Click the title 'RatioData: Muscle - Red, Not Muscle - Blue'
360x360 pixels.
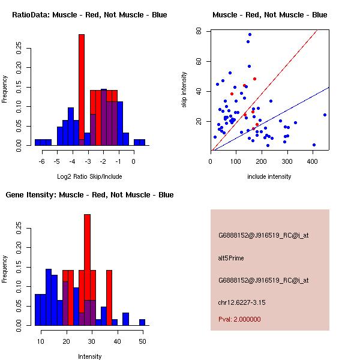pyautogui.click(x=89, y=14)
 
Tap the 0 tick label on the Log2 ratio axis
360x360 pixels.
pyautogui.click(x=134, y=161)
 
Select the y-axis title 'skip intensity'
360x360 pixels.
pyautogui.click(x=184, y=89)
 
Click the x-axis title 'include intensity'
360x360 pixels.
pyautogui.click(x=269, y=176)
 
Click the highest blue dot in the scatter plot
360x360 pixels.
pyautogui.click(x=250, y=35)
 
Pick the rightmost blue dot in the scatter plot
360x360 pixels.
pyautogui.click(x=325, y=115)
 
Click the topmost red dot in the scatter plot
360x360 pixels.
pyautogui.click(x=254, y=79)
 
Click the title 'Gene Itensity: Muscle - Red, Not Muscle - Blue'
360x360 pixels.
pyautogui.click(x=89, y=195)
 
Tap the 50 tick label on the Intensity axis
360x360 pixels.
pyautogui.click(x=142, y=341)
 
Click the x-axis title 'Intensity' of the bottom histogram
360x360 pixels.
pyautogui.click(x=90, y=356)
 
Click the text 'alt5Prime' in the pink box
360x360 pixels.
pyautogui.click(x=231, y=259)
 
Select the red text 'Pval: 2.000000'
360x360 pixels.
pyautogui.click(x=239, y=319)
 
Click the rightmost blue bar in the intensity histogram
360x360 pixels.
pyautogui.click(x=142, y=322)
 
